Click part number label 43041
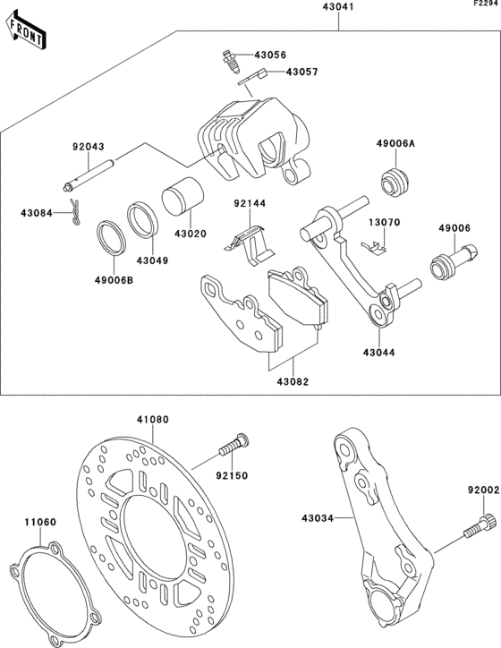[x=338, y=7]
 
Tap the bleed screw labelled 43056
[x=232, y=61]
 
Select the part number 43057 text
[x=301, y=72]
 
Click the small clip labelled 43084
[x=74, y=211]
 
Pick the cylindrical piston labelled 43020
[x=183, y=196]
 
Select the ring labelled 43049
[x=143, y=218]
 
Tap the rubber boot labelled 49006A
[x=395, y=182]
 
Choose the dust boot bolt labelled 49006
[x=454, y=261]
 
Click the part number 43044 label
[x=379, y=353]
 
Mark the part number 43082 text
[x=293, y=381]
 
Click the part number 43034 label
[x=318, y=518]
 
